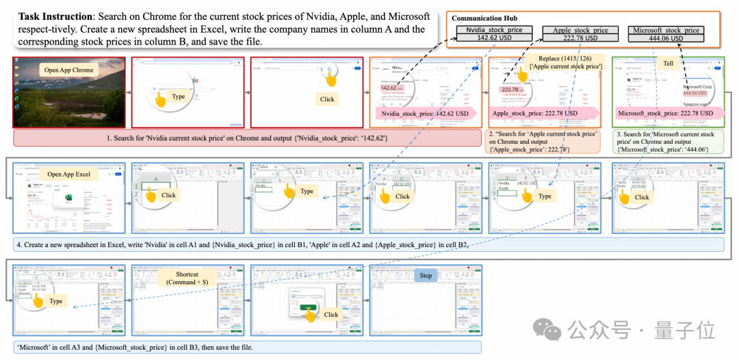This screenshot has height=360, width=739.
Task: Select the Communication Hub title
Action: click(x=484, y=18)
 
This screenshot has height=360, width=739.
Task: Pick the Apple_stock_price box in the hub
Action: click(x=580, y=30)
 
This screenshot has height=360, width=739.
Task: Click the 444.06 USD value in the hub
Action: click(x=666, y=38)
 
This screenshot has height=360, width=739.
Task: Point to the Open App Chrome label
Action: click(x=68, y=70)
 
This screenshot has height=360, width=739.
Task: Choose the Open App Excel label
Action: click(x=69, y=175)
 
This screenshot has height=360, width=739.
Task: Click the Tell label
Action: click(x=668, y=64)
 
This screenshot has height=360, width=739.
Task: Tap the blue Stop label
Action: click(x=426, y=276)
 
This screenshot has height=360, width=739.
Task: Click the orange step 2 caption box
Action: click(x=544, y=142)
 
